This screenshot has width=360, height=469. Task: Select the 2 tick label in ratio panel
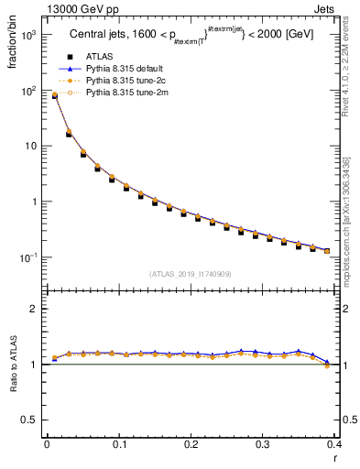pyautogui.click(x=33, y=309)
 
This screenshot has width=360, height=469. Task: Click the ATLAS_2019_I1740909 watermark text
pyautogui.click(x=191, y=273)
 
